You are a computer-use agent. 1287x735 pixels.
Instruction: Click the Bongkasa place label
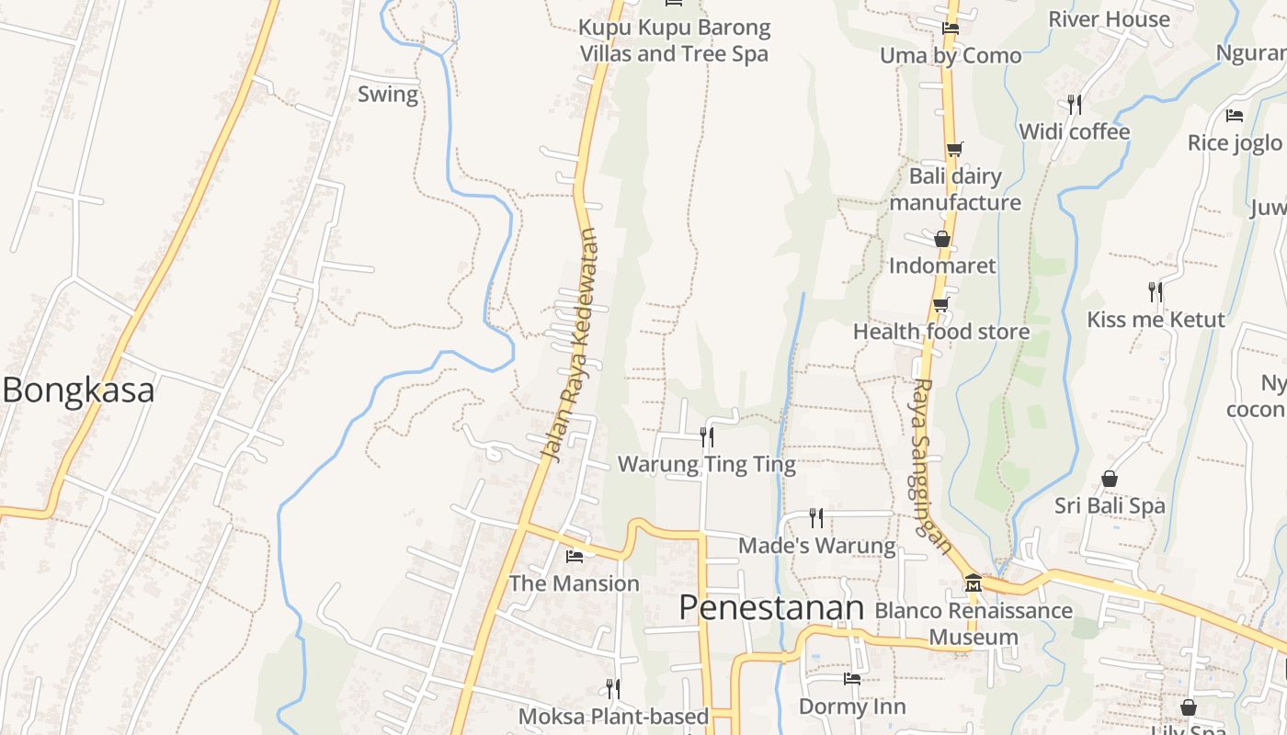tap(78, 390)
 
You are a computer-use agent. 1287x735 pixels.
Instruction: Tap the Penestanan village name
tap(771, 607)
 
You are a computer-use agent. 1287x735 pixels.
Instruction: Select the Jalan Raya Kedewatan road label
tap(569, 345)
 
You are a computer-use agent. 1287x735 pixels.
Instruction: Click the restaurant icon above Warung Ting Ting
tap(706, 436)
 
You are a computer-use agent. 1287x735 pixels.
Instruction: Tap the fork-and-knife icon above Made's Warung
tap(815, 517)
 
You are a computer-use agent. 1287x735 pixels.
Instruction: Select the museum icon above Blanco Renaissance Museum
tap(973, 582)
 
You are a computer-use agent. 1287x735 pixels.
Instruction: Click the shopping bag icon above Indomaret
tap(941, 239)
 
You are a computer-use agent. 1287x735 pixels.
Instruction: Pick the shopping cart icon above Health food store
tap(940, 304)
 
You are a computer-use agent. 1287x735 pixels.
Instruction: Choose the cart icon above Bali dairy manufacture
tap(954, 149)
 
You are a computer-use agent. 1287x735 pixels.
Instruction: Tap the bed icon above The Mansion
tap(575, 556)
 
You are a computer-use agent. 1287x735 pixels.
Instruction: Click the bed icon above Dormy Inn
tap(852, 679)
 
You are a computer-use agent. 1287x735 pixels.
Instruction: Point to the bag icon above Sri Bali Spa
tap(1110, 479)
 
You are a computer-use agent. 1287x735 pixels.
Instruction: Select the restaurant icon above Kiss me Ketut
tap(1156, 292)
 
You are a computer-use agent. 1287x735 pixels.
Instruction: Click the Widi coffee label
tap(1074, 132)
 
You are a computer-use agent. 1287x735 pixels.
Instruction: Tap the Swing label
tap(387, 94)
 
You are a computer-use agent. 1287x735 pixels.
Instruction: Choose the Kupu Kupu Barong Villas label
tap(674, 40)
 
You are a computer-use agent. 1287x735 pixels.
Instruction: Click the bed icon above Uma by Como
tap(951, 28)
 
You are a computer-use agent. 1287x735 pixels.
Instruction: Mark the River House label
tap(1109, 19)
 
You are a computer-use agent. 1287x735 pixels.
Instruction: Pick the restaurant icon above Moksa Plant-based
tap(613, 688)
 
